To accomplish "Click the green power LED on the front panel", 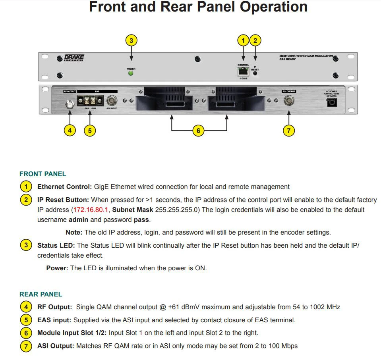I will [x=131, y=73].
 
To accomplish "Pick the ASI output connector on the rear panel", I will [x=289, y=101].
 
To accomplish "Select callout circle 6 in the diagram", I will [x=198, y=130].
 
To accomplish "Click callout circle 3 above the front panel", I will [x=131, y=40].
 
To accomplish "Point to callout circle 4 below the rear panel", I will [x=70, y=130].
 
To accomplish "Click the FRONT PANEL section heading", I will [x=43, y=174].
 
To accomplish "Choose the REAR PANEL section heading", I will [x=41, y=294].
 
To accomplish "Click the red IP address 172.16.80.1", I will [x=91, y=209].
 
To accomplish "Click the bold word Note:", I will [x=74, y=232].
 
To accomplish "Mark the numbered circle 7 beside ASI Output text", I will [x=26, y=346].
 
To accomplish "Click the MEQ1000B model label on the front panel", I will [x=306, y=56].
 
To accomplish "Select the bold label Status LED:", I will [x=56, y=245].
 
